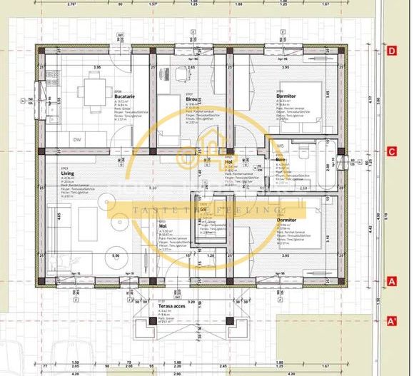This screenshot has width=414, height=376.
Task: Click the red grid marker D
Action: (391, 51)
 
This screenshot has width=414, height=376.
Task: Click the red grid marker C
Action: (391, 151)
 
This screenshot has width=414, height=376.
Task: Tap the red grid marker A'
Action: (391, 320)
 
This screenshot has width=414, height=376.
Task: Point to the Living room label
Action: (68, 173)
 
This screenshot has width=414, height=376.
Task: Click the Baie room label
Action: (281, 158)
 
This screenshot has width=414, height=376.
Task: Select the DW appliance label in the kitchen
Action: (77, 140)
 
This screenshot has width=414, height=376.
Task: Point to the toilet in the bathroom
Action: (303, 152)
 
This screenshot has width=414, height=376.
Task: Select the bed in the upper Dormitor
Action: (302, 111)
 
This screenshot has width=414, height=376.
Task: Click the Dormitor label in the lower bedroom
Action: (287, 220)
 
